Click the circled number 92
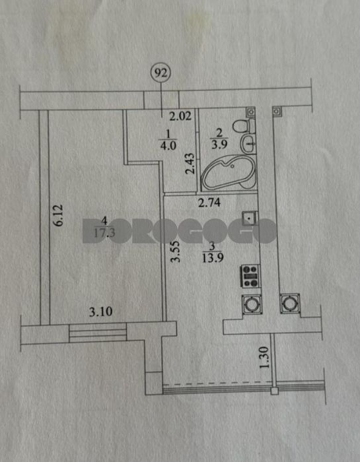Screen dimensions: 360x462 click(161, 72)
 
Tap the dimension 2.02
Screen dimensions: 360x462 click(180, 116)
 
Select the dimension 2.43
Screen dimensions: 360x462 click(190, 163)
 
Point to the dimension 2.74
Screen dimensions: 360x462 click(209, 203)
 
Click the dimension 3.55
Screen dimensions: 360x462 click(176, 251)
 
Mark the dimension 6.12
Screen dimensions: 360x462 click(58, 215)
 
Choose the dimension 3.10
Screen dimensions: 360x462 click(101, 312)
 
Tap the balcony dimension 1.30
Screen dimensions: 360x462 click(264, 358)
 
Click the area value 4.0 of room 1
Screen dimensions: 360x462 click(168, 146)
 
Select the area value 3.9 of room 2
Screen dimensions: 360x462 click(219, 145)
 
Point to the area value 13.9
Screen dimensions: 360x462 click(213, 258)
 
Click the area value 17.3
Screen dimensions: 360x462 click(104, 233)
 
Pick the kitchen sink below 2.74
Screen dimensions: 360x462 click(250, 219)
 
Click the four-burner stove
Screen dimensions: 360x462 click(250, 276)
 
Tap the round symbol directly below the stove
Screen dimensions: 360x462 click(252, 304)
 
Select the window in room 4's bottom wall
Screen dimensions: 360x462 click(98, 333)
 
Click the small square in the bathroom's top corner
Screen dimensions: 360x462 click(250, 112)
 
